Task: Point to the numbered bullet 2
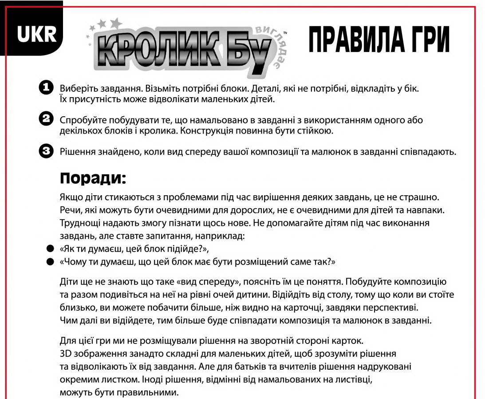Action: click(x=46, y=119)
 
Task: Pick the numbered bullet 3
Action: click(x=46, y=151)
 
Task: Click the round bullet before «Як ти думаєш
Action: click(x=50, y=249)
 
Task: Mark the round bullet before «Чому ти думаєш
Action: click(x=50, y=262)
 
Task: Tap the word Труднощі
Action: click(x=78, y=223)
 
